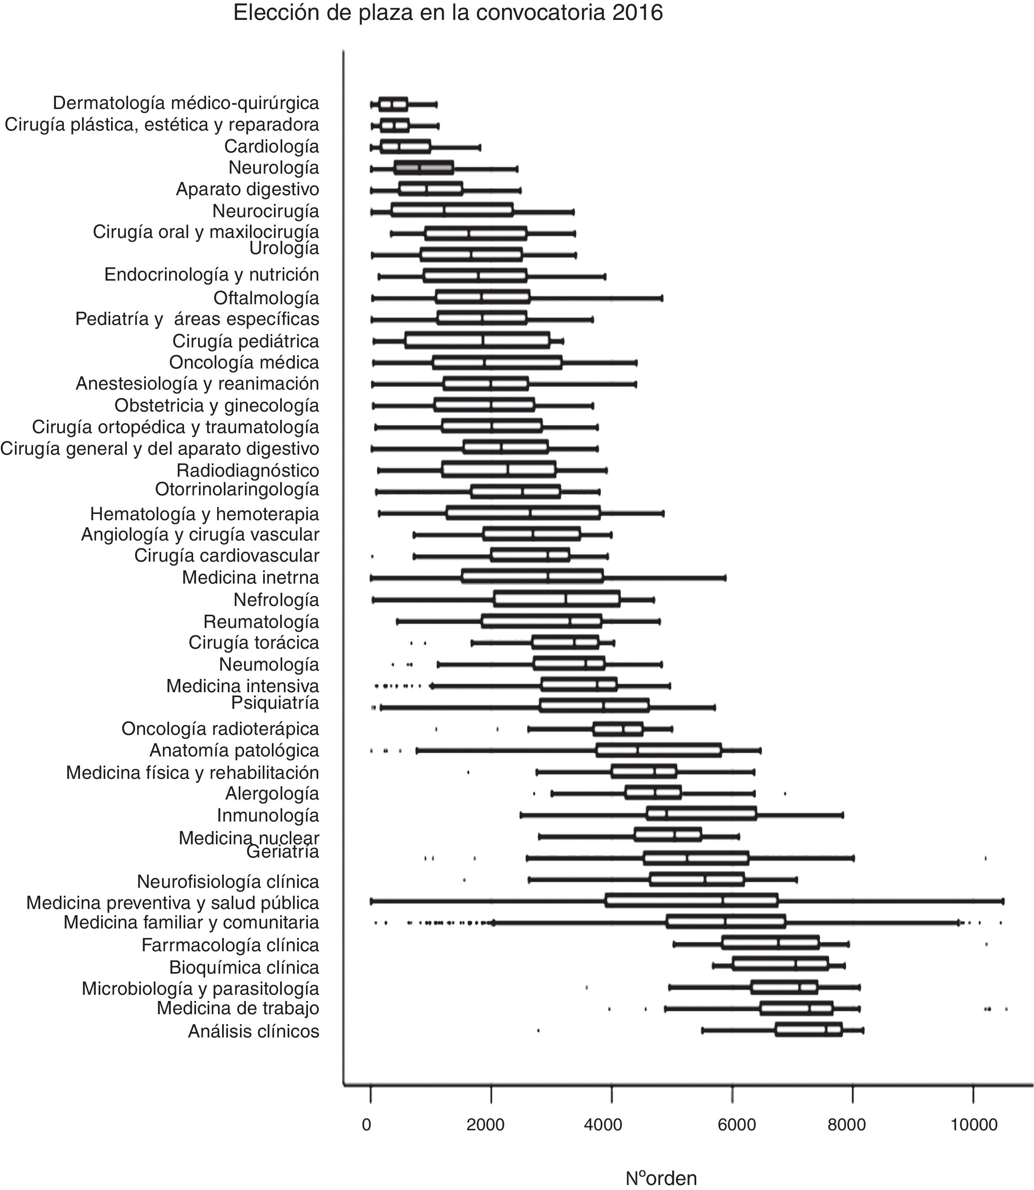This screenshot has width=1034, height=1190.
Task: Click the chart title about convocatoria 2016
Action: click(x=448, y=13)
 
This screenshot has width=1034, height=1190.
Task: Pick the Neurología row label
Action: click(x=274, y=168)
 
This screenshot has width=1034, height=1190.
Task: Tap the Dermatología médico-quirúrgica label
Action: click(x=186, y=103)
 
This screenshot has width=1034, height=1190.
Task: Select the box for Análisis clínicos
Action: click(x=809, y=1030)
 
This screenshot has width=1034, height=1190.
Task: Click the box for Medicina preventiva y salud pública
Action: click(x=691, y=901)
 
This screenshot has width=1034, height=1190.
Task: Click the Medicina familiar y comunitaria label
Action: click(x=191, y=922)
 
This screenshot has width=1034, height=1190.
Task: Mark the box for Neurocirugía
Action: click(x=452, y=211)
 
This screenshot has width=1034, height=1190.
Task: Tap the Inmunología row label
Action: click(x=268, y=815)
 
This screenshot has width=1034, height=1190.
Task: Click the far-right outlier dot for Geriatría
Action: click(x=985, y=858)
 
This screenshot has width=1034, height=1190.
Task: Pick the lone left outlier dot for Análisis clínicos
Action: click(x=538, y=1030)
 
